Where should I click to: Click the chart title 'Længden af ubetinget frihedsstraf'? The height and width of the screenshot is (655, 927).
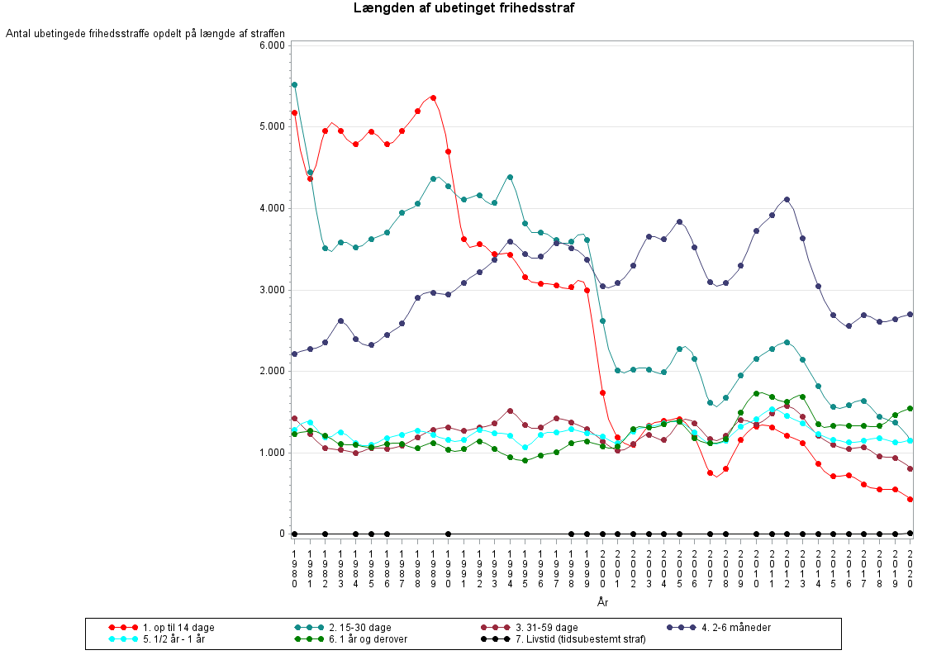(463, 8)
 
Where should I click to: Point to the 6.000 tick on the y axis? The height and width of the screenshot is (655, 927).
(272, 45)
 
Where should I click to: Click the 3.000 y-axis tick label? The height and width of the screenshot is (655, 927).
(272, 290)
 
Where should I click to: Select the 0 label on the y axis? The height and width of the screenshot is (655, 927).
(281, 534)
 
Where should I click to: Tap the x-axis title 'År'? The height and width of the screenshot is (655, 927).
(602, 602)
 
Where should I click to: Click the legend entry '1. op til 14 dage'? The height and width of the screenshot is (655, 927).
(178, 628)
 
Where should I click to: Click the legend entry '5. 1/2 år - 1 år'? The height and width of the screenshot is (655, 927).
(174, 638)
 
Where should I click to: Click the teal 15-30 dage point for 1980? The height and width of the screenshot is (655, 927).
(294, 84)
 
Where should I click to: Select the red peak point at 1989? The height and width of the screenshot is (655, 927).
(433, 97)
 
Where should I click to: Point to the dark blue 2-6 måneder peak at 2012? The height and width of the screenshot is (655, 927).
(787, 199)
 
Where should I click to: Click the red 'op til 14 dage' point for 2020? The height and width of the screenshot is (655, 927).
(910, 499)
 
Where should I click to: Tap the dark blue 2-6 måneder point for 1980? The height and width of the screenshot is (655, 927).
(294, 354)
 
